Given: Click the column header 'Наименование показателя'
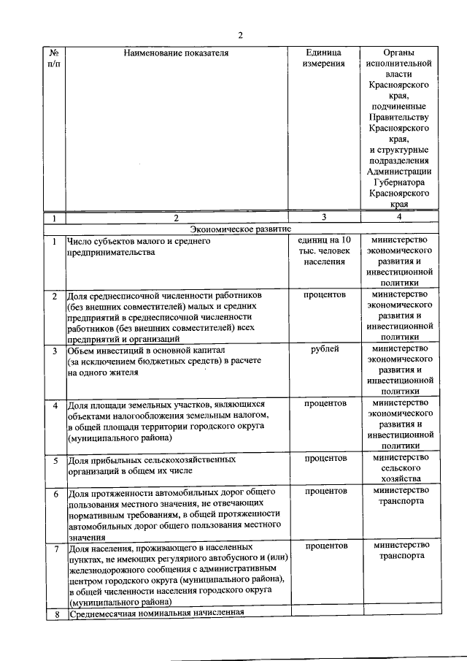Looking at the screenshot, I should pos(176,53).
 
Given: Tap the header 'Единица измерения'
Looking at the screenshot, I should pos(324,58).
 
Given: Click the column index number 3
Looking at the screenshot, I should pos(324,217).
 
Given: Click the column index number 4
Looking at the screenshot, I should pos(399,217).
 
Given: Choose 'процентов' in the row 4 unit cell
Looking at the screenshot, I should pos(325,402).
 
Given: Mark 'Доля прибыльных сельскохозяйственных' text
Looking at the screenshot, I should pos(152,461).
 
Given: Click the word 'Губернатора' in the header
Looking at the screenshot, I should pos(399,183).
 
